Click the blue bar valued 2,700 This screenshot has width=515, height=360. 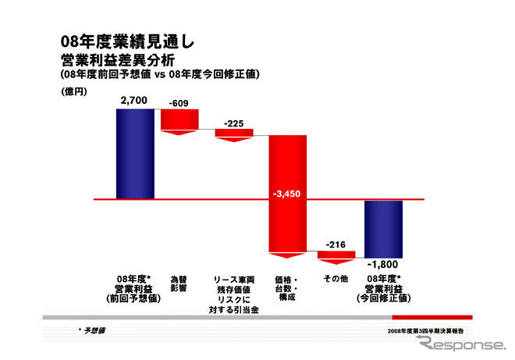135,153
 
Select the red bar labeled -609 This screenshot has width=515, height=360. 180,119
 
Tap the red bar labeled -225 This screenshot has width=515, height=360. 234,134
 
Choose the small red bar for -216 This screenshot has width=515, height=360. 336,255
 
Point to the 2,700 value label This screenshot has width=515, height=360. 133,101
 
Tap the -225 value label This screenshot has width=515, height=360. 233,123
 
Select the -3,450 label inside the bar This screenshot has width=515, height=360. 287,192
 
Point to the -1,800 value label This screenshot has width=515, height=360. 382,264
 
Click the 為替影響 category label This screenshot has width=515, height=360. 179,283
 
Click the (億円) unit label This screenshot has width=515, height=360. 71,91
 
